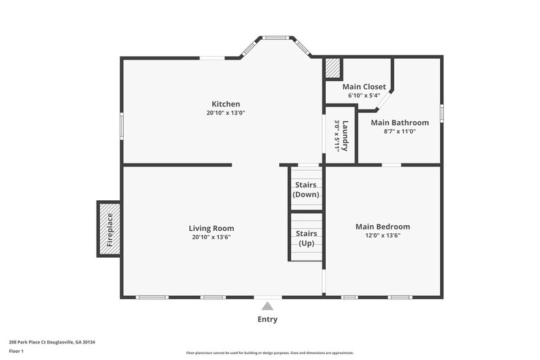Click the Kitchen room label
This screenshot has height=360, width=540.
click(226, 104)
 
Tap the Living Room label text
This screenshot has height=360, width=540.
click(211, 228)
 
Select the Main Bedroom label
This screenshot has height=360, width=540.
click(383, 227)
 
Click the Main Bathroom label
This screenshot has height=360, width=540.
click(400, 122)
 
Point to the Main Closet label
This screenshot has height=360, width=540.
click(364, 87)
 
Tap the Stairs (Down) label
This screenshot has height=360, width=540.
click(306, 189)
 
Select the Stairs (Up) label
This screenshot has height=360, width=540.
click(306, 238)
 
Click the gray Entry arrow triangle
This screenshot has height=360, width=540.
click(268, 306)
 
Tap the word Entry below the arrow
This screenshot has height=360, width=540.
click(268, 319)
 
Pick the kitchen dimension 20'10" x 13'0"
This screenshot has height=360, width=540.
click(226, 113)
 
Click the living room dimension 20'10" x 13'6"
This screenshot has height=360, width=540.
click(211, 237)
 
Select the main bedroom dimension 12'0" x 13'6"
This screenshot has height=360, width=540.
click(383, 235)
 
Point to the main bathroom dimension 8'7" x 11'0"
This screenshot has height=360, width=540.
click(400, 131)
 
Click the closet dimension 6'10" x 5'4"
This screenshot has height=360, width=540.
click(364, 96)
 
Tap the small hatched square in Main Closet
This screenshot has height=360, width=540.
click(333, 68)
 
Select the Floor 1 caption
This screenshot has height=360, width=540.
click(17, 351)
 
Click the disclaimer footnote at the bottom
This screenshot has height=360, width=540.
click(270, 353)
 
